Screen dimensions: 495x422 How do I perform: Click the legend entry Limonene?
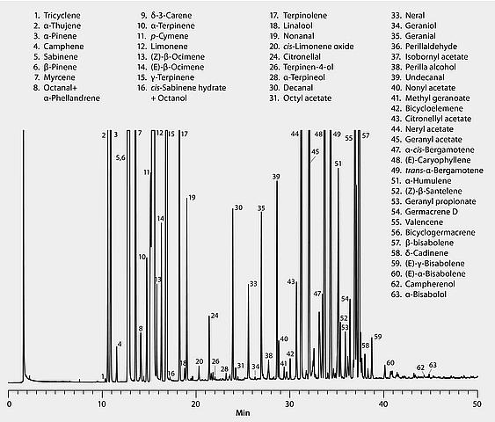(163, 47)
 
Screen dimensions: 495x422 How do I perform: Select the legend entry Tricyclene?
(57, 16)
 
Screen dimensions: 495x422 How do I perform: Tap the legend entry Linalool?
(291, 25)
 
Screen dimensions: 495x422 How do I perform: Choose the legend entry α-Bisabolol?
(419, 295)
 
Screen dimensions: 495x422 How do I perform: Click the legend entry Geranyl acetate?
(426, 140)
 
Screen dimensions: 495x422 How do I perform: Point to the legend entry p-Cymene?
(163, 36)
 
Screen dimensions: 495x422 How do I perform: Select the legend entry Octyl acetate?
(300, 98)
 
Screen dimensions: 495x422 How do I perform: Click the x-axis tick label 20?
(196, 404)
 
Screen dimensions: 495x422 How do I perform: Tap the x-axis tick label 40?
(383, 404)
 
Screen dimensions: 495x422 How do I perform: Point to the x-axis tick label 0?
(9, 404)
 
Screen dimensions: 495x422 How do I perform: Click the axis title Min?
(243, 412)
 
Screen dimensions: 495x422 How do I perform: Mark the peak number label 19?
(192, 198)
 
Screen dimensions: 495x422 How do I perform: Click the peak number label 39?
(276, 177)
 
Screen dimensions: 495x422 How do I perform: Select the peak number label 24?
(215, 316)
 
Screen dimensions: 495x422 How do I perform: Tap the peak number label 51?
(338, 164)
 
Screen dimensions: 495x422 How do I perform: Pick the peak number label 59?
(378, 337)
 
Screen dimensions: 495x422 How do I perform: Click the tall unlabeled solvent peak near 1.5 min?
(24, 252)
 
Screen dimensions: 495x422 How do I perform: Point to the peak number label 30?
(238, 207)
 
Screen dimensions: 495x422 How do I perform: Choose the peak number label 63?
(433, 365)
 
